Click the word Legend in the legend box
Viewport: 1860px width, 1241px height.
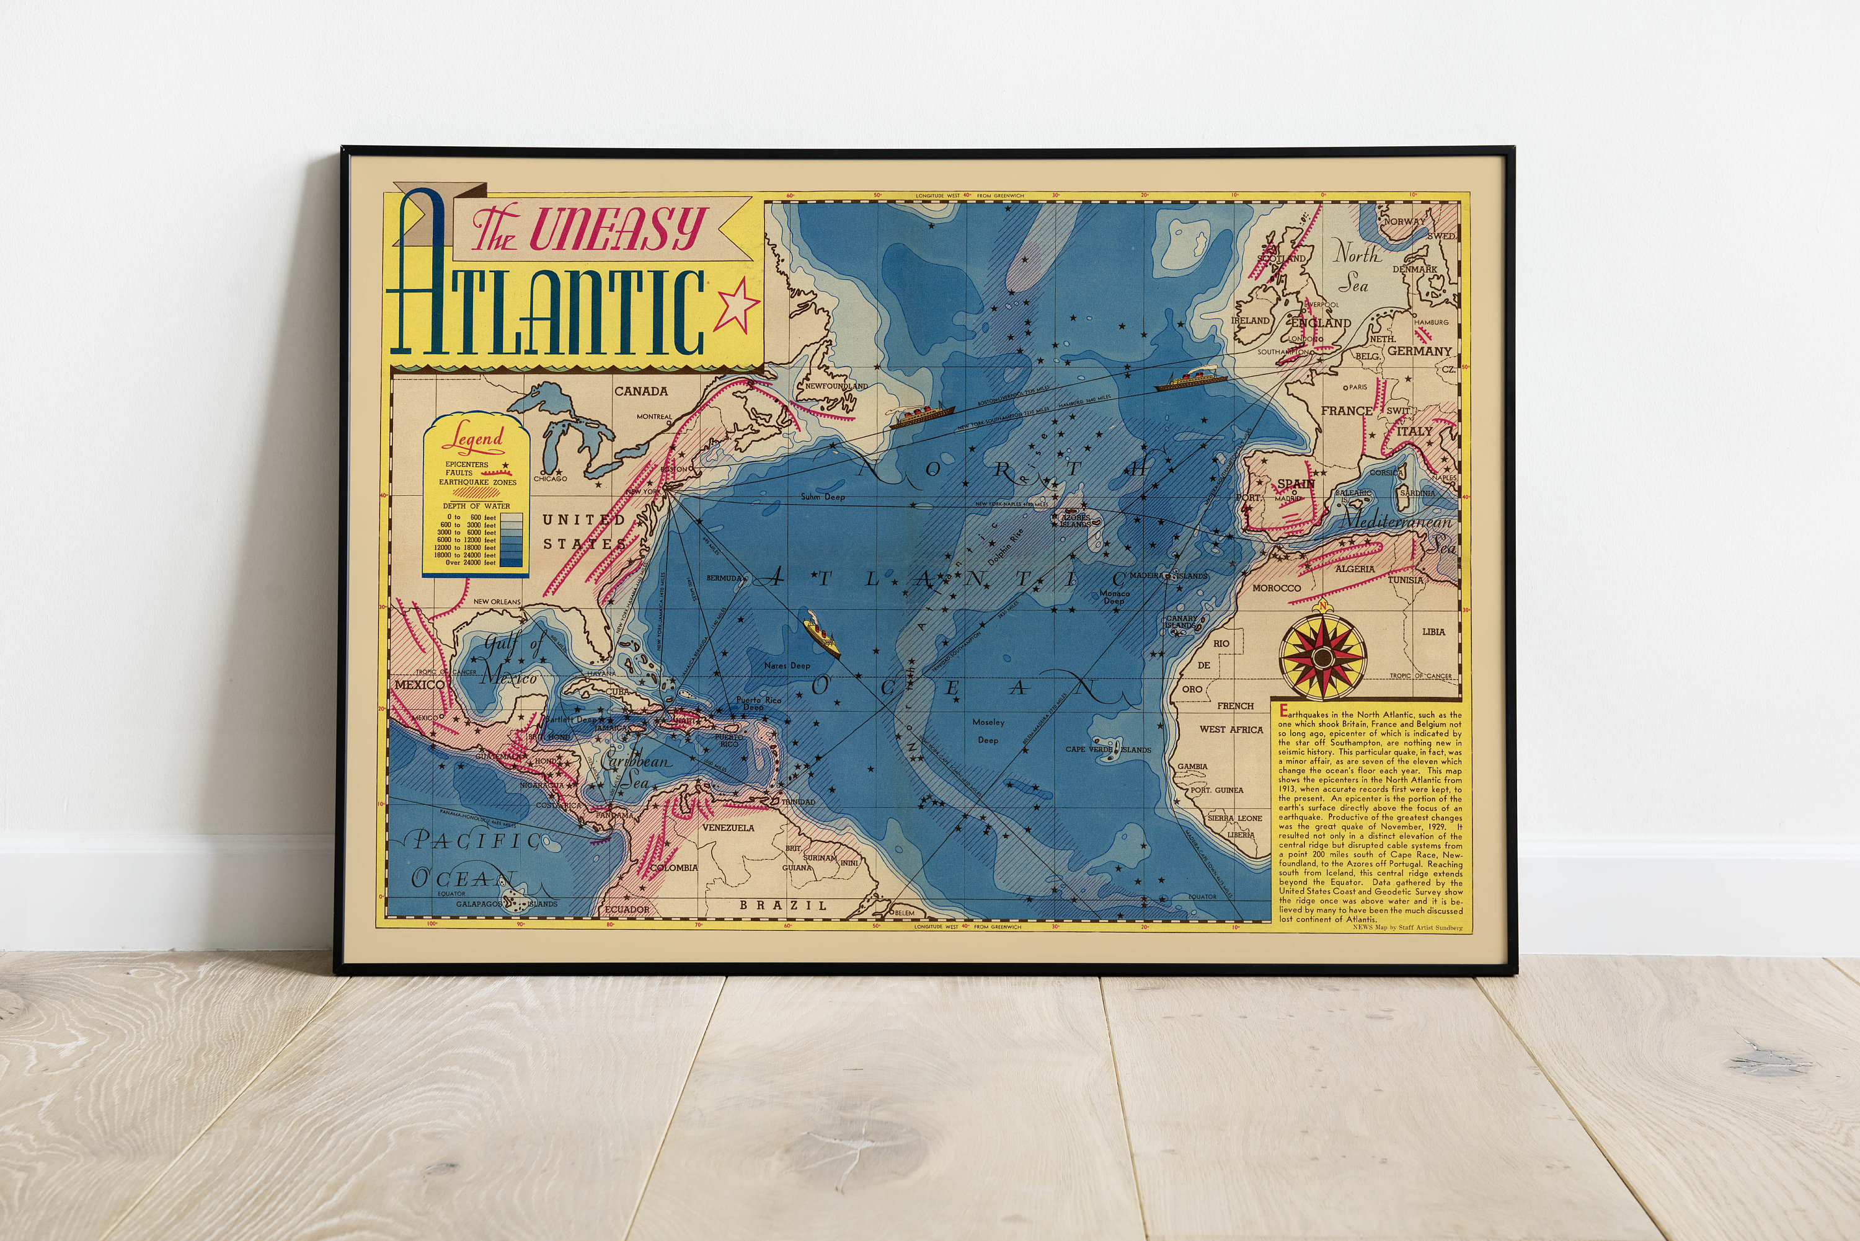[x=477, y=438]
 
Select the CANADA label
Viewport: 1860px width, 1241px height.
[x=641, y=391]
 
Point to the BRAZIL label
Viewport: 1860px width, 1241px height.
[x=783, y=904]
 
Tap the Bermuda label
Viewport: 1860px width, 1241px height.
[x=724, y=578]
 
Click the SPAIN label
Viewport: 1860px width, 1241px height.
[x=1296, y=483]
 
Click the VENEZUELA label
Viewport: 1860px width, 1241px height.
[x=728, y=828]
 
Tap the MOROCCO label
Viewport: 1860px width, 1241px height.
[x=1276, y=588]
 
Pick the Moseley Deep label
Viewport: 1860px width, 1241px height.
[x=988, y=730]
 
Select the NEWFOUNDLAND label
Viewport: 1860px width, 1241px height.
[x=836, y=386]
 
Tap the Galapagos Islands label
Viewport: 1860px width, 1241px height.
[x=507, y=904]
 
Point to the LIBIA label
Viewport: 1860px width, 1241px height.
[x=1433, y=632]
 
